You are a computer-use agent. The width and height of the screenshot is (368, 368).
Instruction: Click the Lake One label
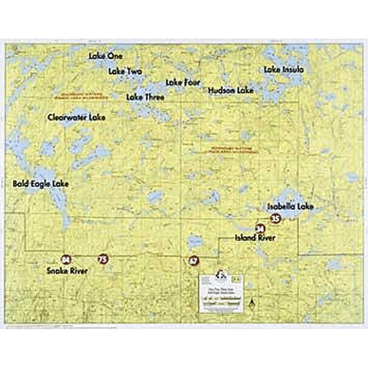tap(106, 56)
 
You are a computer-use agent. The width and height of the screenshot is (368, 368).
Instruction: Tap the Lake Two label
tap(125, 72)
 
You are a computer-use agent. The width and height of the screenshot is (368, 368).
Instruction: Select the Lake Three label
tap(145, 97)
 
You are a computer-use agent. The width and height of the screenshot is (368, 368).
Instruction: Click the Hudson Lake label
tap(230, 91)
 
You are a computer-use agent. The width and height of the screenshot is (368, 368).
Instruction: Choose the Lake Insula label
tap(284, 70)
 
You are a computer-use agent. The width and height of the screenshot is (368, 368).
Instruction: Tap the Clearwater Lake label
tap(76, 118)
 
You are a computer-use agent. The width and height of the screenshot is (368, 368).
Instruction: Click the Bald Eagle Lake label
tap(41, 184)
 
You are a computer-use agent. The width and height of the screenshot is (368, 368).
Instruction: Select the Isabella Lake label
tap(290, 207)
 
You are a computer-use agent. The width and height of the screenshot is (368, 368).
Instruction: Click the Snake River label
tap(67, 271)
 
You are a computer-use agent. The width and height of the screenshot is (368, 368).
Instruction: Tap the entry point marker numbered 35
tap(275, 218)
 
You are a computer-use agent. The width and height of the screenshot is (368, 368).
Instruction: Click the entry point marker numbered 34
tap(260, 228)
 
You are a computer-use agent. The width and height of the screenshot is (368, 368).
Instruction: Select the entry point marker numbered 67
tap(193, 261)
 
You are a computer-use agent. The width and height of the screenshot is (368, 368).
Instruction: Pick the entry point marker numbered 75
tap(103, 260)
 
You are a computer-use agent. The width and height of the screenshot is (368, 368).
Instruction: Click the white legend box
tap(222, 294)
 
